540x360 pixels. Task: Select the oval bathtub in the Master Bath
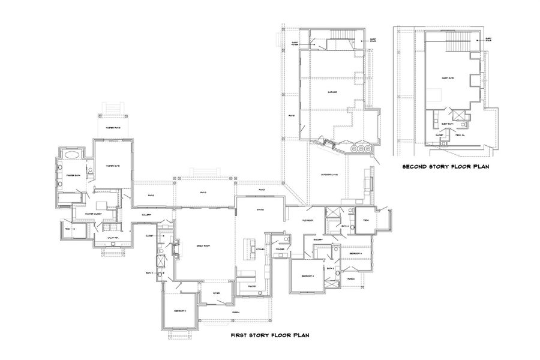(x=71, y=154)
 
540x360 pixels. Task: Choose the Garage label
(x=331, y=92)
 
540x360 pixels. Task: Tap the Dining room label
(x=260, y=209)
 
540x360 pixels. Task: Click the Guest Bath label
(x=446, y=124)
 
